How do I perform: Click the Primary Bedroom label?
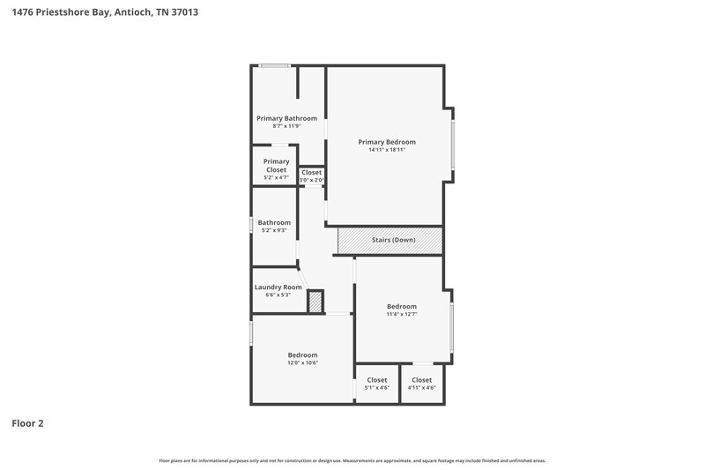[x=386, y=141]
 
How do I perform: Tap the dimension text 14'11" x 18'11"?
[x=386, y=150]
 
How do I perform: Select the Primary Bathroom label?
[x=286, y=118]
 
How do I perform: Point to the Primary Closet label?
[x=276, y=165]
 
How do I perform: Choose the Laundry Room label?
[x=278, y=287]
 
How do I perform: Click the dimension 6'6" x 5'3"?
[x=278, y=295]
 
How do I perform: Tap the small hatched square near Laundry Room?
[x=315, y=302]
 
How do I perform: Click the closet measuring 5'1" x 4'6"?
[x=377, y=384]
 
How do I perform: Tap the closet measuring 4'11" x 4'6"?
[x=421, y=384]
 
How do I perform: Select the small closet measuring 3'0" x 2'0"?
[x=312, y=175]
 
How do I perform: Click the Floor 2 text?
[x=27, y=423]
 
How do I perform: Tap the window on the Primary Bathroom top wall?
[x=274, y=65]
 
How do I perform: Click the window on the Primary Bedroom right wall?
[x=453, y=145]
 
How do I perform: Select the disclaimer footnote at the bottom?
[x=352, y=460]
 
